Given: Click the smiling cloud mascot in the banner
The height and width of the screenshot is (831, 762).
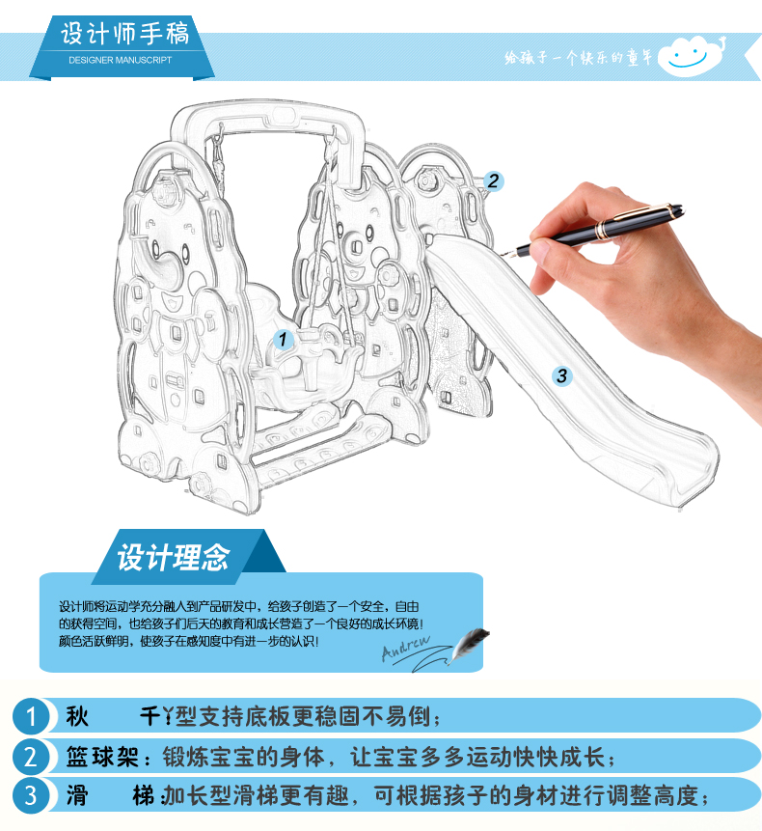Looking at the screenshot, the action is (691, 56).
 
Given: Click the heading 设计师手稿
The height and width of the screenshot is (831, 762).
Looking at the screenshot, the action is (124, 34).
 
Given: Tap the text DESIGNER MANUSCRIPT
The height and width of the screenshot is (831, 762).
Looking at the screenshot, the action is (121, 60).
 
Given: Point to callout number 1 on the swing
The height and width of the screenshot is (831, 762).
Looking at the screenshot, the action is (283, 339).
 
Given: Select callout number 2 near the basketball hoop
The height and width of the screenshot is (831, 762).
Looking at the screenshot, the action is (493, 181).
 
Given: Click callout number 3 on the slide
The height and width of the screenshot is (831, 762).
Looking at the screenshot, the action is (561, 376).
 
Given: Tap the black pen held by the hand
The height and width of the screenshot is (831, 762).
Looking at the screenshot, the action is (593, 230).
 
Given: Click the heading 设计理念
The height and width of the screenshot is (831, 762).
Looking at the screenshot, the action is (174, 557).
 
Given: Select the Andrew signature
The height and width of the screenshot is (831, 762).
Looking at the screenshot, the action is (407, 647).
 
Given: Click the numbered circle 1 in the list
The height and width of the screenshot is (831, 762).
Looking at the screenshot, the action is (31, 716).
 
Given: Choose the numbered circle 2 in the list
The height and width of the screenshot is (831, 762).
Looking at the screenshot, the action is (31, 756).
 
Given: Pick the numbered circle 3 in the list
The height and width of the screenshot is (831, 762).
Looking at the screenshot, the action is (31, 795).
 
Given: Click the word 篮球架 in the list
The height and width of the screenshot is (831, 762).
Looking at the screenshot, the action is (102, 757).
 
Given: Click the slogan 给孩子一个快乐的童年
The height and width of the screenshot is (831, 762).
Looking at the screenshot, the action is (578, 57).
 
